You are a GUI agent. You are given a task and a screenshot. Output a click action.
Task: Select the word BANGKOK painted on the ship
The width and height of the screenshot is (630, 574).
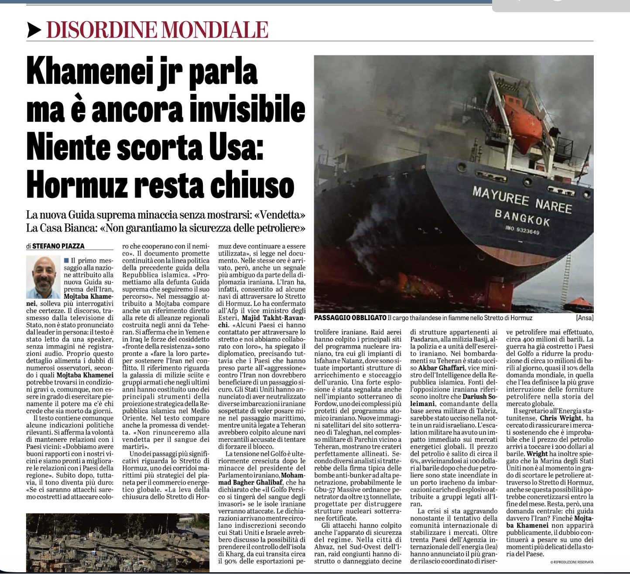tap(522, 217)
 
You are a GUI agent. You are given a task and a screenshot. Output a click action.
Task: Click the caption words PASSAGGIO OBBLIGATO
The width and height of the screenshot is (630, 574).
tap(350, 318)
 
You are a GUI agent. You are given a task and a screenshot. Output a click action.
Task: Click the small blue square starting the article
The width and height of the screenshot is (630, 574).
tap(66, 260)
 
